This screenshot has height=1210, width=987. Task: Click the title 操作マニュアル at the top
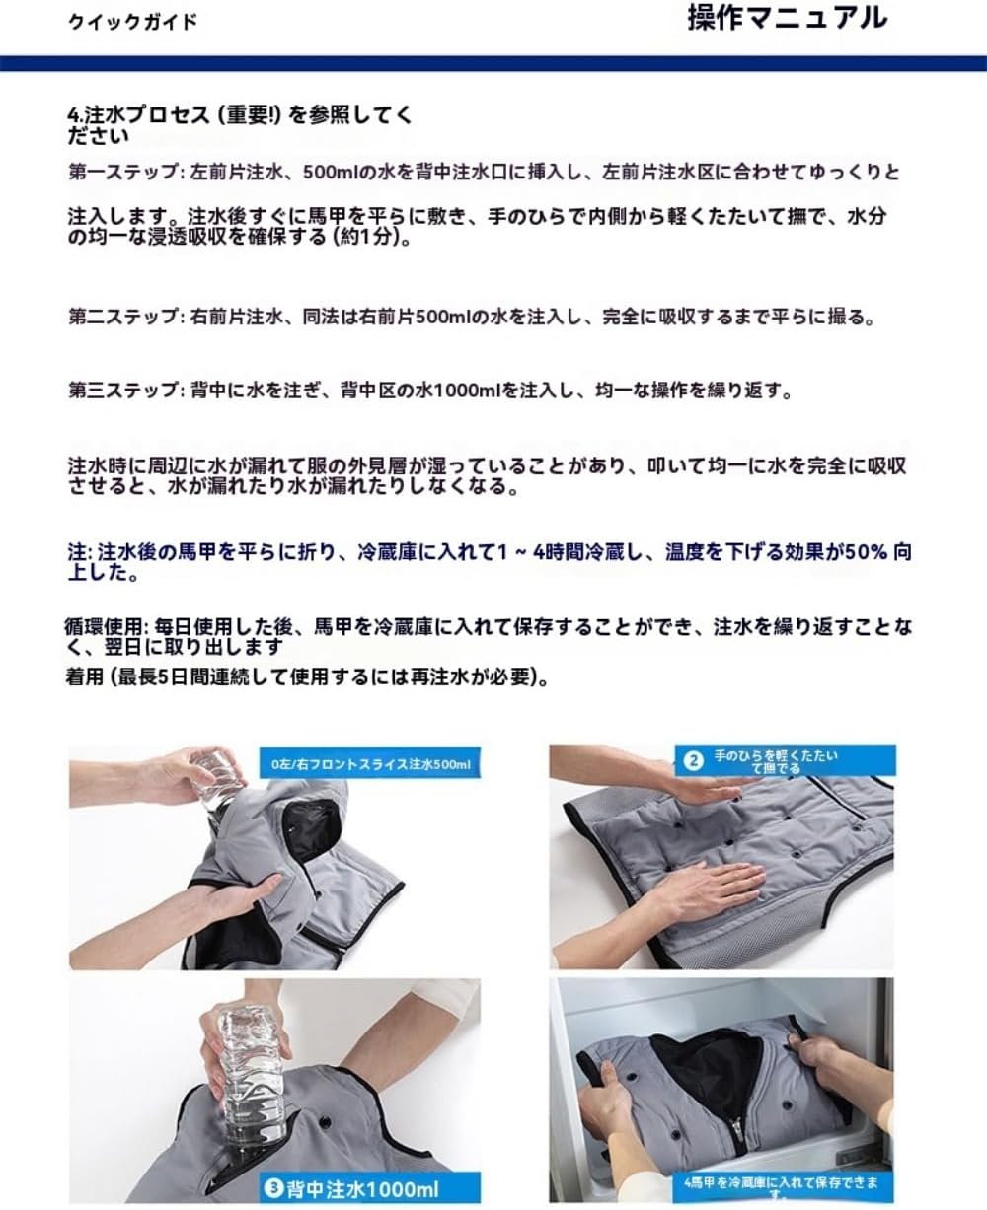787,19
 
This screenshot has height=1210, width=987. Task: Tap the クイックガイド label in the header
132,22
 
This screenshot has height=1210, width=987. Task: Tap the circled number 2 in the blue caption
693,760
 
